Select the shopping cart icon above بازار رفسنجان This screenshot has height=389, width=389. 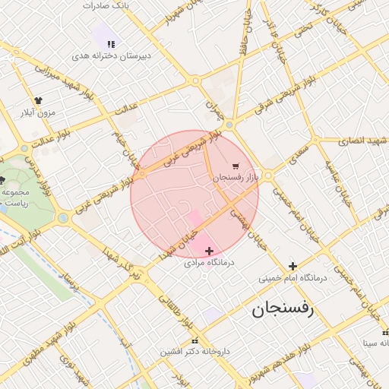click(x=236, y=166)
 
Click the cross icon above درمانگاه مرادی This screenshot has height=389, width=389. click(x=210, y=250)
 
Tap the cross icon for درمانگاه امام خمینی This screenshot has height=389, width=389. click(x=292, y=265)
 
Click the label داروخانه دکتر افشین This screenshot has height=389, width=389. click(x=194, y=352)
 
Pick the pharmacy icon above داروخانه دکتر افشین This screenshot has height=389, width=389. click(x=194, y=340)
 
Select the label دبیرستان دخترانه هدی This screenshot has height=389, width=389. click(x=112, y=55)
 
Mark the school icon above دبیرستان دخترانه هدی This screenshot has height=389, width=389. click(x=112, y=43)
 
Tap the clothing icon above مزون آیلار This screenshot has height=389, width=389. click(x=39, y=100)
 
